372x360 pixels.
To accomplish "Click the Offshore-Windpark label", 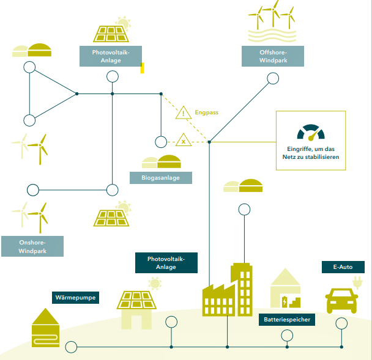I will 264,56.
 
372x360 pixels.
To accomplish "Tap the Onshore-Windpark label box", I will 32,246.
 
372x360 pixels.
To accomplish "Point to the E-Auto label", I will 343,268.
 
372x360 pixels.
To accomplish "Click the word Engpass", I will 206,112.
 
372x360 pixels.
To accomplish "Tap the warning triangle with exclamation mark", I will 183,112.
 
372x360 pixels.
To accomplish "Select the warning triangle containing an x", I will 183,140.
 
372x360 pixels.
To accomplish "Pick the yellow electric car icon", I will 341,300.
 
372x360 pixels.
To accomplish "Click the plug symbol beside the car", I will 357,282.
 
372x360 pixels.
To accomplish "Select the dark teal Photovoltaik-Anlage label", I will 166,263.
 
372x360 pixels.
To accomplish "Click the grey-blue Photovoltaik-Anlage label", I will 111,56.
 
